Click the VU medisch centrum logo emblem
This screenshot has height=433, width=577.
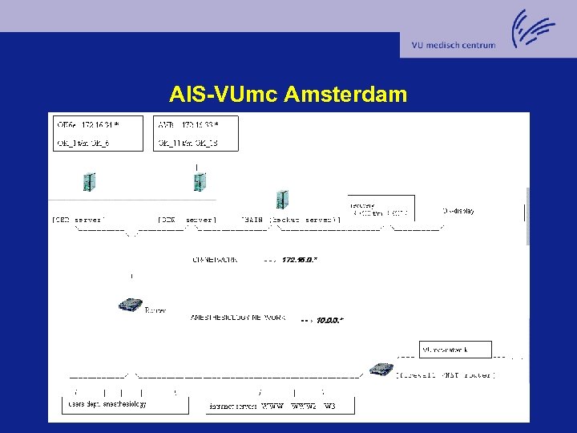coord(532,30)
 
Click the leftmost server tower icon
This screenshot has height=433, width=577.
coord(89,182)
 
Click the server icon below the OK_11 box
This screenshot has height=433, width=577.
coord(199,182)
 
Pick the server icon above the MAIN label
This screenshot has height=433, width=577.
coord(281,200)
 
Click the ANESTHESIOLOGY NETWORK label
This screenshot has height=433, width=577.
coord(233,318)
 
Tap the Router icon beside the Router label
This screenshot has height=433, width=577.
coord(130,305)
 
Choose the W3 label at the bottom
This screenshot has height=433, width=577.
coord(329,407)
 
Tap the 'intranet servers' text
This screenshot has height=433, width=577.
coord(232,407)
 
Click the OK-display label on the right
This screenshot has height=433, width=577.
coord(458,211)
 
